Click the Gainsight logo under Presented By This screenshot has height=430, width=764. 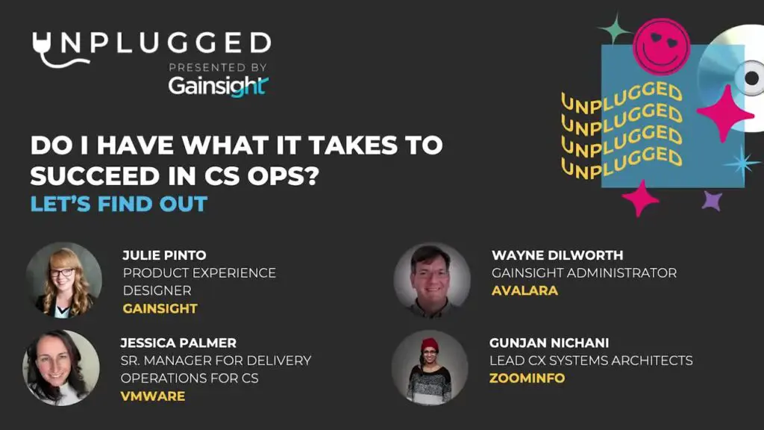(x=219, y=87)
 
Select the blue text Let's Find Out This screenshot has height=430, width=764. (x=119, y=204)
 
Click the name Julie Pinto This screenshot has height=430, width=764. (x=164, y=255)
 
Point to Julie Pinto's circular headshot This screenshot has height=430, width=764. (x=64, y=281)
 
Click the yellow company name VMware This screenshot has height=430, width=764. (x=152, y=396)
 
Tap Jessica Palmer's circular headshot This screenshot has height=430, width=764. (x=61, y=367)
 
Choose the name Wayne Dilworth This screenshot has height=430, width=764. (x=557, y=255)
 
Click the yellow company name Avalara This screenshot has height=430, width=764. (x=525, y=290)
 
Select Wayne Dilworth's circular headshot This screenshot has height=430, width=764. (x=432, y=281)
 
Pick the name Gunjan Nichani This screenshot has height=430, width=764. (x=549, y=343)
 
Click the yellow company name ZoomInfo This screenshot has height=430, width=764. (x=527, y=378)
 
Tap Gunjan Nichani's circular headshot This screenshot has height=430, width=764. (x=430, y=367)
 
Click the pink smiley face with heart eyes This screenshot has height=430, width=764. (x=661, y=47)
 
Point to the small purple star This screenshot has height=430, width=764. (x=712, y=200)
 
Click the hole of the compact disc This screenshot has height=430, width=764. (x=752, y=78)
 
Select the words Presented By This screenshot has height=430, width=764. (x=218, y=67)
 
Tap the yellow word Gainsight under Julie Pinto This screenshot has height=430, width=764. (x=160, y=308)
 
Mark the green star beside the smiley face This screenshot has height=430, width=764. (x=615, y=29)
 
